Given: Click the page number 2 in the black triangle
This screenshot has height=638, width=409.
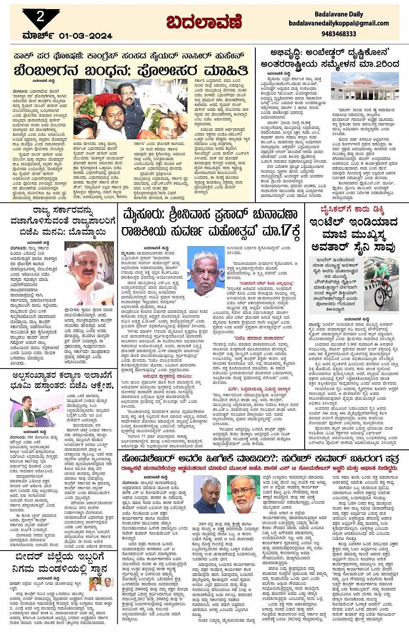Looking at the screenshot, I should pyautogui.click(x=40, y=17).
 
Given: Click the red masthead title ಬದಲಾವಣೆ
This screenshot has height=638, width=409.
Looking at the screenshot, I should pyautogui.click(x=203, y=22).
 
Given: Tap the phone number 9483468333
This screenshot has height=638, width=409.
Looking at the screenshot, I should pyautogui.click(x=339, y=33).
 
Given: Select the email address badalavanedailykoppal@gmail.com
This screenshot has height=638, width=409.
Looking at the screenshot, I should pyautogui.click(x=339, y=23).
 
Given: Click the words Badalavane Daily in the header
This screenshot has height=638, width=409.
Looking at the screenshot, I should pyautogui.click(x=339, y=14).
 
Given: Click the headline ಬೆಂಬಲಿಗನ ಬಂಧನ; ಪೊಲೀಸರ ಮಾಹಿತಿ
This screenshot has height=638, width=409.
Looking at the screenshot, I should pyautogui.click(x=131, y=70).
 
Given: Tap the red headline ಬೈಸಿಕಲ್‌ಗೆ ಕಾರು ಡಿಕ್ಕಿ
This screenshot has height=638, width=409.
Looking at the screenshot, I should pyautogui.click(x=352, y=210).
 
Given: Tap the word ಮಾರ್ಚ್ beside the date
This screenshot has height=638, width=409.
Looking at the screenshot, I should pyautogui.click(x=39, y=35).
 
